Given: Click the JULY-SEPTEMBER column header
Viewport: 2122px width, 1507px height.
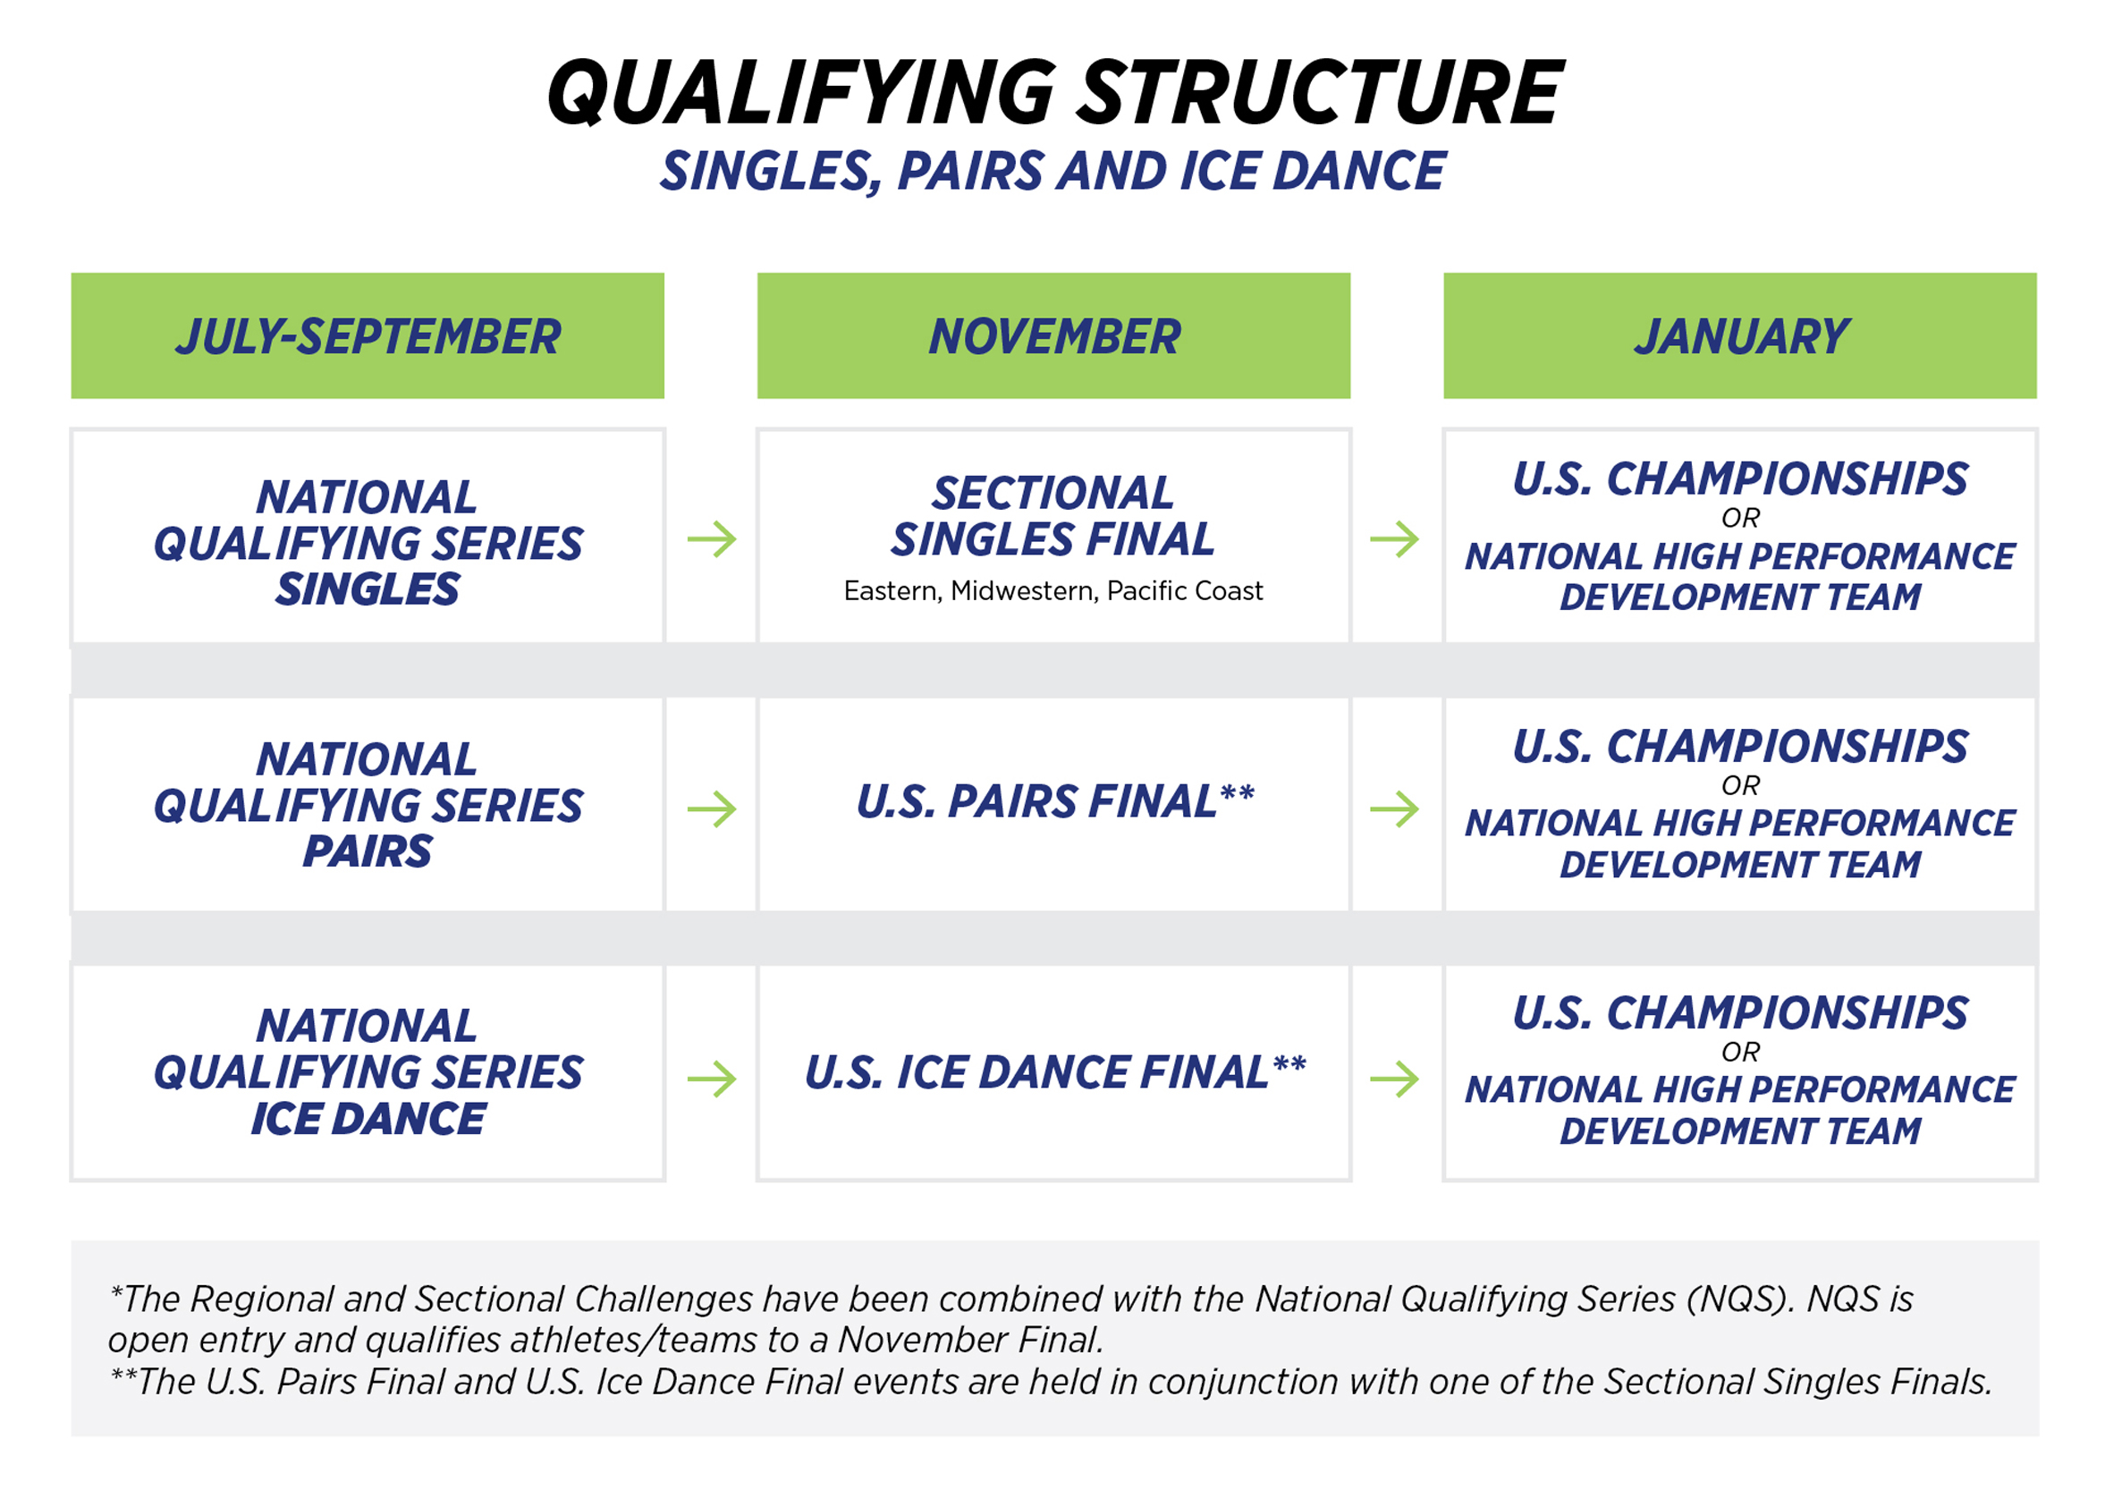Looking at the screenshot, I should (x=368, y=336).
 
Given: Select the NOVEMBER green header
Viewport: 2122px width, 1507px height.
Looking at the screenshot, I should (x=1053, y=336).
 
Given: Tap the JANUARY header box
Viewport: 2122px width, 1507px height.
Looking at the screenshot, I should (x=1740, y=336).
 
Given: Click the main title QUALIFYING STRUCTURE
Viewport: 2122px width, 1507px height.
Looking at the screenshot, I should (x=1055, y=92).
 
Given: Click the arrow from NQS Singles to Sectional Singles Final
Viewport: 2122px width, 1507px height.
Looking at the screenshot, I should (x=712, y=539).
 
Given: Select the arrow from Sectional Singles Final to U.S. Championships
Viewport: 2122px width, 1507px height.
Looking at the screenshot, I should (x=1395, y=539).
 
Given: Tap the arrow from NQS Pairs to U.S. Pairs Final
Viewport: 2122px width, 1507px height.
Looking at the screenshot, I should (x=712, y=809).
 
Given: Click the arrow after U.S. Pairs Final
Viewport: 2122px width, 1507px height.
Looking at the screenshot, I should (x=1395, y=809).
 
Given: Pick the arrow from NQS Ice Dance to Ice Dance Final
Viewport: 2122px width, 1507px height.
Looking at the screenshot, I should (x=712, y=1079).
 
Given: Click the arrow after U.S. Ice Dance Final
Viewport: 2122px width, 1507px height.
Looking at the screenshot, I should (x=1395, y=1079).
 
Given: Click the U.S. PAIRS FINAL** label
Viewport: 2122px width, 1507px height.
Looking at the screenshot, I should (x=1054, y=801).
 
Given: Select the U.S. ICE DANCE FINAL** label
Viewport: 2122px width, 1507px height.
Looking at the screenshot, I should (x=1054, y=1072).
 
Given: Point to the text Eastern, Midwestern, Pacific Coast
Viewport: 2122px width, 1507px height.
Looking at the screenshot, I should (x=1053, y=591).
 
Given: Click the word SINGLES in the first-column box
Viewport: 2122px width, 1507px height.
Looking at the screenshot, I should (x=368, y=589).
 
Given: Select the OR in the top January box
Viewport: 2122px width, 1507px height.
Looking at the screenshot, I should (x=1740, y=518).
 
